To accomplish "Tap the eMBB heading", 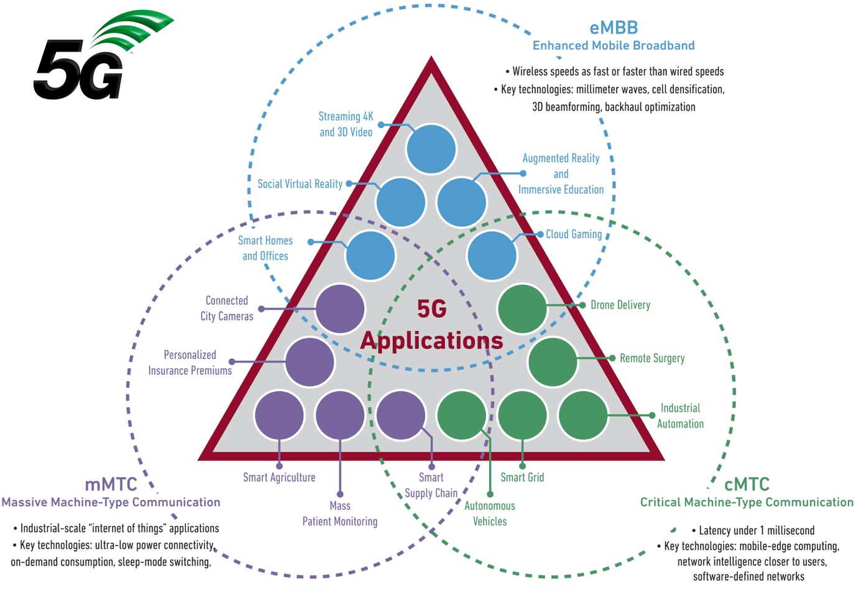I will tap(614, 28).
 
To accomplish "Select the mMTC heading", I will tap(111, 485).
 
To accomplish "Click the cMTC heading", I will tap(747, 485).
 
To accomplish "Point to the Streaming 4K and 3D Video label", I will tap(346, 124).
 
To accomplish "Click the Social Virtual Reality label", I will tap(300, 184).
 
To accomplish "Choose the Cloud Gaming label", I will tap(573, 234).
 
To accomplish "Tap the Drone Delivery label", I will tap(620, 305).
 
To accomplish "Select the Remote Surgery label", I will tap(651, 359).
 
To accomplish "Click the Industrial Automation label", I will tap(680, 416).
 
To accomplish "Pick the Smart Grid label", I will tap(522, 477).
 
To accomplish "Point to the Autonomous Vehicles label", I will tap(490, 514).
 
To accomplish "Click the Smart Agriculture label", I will tap(279, 477).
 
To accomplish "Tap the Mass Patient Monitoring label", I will tap(340, 514).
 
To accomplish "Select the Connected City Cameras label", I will tap(227, 308).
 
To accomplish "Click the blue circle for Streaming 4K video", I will tap(431, 149).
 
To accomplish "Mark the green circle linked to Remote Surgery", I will tap(553, 362).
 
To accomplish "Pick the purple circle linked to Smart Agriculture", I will tap(280, 415).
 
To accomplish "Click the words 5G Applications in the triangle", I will tap(431, 325).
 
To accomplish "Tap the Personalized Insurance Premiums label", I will tap(190, 362).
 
